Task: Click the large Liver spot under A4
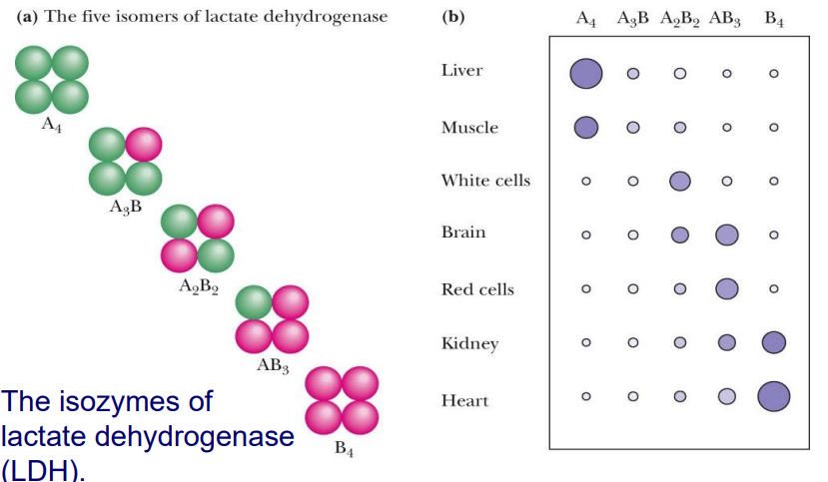(x=586, y=73)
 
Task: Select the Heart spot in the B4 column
(x=773, y=396)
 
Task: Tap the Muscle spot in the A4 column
(x=586, y=127)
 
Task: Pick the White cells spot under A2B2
(x=679, y=181)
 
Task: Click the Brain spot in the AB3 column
(x=726, y=235)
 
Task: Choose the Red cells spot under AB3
(x=726, y=288)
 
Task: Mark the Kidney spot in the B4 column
(x=773, y=342)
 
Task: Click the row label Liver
(x=461, y=71)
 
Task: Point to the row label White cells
(x=485, y=181)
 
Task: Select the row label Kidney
(x=469, y=343)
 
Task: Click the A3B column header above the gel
(x=632, y=19)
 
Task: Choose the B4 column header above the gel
(x=773, y=19)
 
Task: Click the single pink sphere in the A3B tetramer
(x=143, y=146)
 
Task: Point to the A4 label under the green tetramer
(x=52, y=128)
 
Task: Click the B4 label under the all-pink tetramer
(x=343, y=448)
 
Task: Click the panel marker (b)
(x=451, y=18)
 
